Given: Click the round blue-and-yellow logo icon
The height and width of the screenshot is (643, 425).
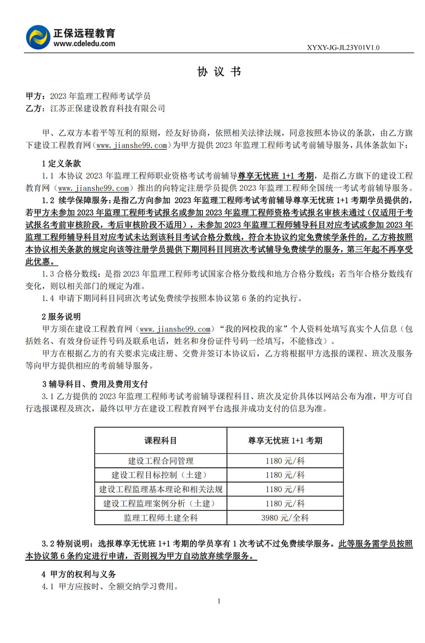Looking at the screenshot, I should coord(38,36).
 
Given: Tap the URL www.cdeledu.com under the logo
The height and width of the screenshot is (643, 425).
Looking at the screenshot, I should coord(84,44).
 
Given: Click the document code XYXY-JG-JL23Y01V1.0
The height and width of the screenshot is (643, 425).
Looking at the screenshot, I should coord(343,48).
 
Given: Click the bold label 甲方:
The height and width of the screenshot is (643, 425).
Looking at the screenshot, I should coord(35,96).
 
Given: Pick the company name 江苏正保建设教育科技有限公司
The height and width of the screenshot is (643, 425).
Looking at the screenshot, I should coord(107,108).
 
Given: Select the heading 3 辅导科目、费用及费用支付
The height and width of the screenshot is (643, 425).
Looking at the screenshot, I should coord(95,384).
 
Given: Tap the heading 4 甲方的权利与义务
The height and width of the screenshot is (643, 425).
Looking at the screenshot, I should coord(79,574).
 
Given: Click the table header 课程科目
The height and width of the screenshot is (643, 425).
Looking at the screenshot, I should coord(160,441).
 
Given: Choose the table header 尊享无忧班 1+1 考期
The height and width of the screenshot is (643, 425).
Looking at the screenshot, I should coord(285,441).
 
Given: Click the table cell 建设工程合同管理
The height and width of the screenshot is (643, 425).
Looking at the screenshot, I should coord(160,460).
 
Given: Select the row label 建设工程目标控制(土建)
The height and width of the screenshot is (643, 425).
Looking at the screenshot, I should coord(160,475).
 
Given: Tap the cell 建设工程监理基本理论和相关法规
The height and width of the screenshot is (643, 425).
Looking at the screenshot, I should coord(160,489).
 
